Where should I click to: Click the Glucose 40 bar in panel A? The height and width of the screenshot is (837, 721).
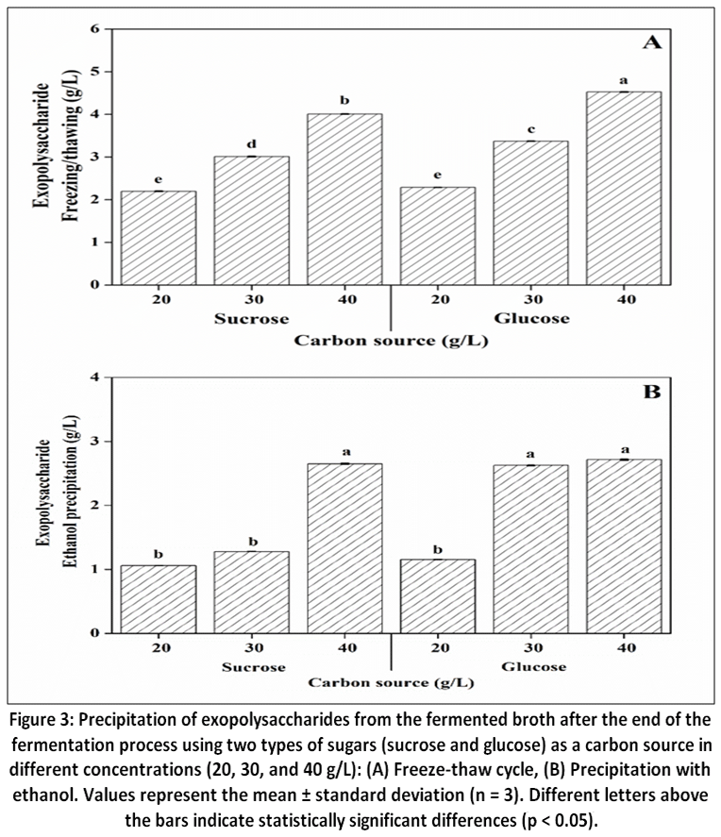tap(624, 188)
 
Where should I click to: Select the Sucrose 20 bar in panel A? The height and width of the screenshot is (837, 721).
tap(159, 238)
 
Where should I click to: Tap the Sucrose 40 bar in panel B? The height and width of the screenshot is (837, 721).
tap(344, 548)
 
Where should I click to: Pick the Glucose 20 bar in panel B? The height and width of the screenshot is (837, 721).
tap(438, 596)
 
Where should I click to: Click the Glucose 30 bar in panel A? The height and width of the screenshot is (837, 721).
tap(530, 213)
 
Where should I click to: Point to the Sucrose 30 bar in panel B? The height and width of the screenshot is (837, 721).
tap(251, 592)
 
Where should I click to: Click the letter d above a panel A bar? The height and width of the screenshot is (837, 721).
tap(251, 144)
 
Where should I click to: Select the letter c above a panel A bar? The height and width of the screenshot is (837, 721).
tap(531, 129)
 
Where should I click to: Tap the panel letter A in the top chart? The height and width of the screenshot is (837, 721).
tap(651, 42)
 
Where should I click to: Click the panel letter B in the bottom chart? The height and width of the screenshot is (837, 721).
tap(651, 392)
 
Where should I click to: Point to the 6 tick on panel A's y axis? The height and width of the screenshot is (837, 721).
tap(95, 29)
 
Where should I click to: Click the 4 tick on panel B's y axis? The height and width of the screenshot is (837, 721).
tap(95, 377)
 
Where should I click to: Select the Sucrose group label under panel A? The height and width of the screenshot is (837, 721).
tap(251, 319)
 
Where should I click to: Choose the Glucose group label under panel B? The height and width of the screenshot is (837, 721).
tap(534, 667)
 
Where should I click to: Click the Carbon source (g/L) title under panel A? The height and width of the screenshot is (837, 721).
tap(392, 341)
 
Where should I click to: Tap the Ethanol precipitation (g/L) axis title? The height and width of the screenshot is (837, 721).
tap(70, 492)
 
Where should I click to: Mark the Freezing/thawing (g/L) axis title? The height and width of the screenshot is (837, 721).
tap(70, 145)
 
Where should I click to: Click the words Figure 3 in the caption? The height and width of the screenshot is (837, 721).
tap(42, 720)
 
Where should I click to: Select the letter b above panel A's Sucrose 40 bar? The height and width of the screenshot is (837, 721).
tap(344, 100)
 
